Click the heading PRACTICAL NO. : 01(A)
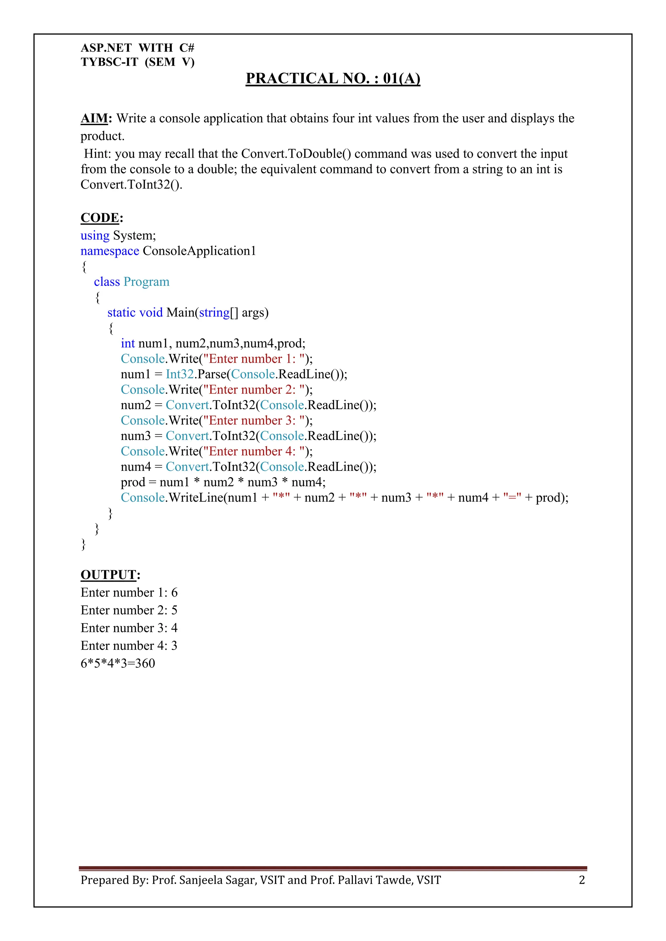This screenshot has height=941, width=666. click(333, 78)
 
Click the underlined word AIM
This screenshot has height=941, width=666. click(94, 119)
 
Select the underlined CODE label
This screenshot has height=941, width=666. click(100, 218)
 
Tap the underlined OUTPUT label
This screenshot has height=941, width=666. click(108, 574)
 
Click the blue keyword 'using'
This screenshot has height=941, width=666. click(95, 236)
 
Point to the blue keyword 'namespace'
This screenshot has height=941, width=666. click(110, 251)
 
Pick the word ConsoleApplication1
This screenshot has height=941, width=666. click(199, 251)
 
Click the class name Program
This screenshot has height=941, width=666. click(146, 282)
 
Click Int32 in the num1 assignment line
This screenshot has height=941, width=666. click(180, 374)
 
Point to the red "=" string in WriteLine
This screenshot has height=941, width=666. click(512, 497)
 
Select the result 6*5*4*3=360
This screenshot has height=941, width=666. click(118, 663)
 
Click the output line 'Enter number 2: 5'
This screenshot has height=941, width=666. click(129, 610)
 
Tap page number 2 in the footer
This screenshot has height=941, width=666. click(581, 880)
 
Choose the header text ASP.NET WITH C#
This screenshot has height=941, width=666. click(137, 48)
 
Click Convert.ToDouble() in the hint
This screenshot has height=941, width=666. click(296, 154)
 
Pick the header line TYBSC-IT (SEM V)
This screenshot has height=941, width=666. click(137, 62)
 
